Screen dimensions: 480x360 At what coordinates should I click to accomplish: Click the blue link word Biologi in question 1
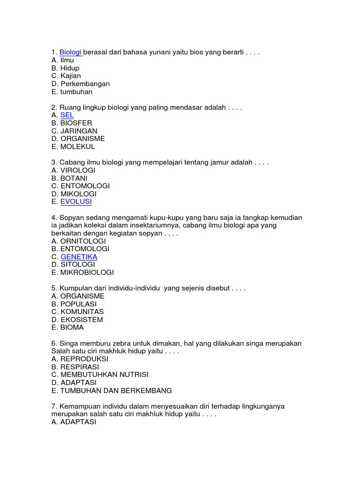70,52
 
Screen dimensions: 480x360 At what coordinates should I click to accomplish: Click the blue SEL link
67,115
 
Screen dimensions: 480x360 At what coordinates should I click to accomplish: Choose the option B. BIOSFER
72,123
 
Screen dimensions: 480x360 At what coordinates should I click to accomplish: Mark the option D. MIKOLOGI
74,194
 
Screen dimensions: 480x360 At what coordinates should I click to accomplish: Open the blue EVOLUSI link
76,202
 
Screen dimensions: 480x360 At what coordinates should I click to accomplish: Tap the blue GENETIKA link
79,257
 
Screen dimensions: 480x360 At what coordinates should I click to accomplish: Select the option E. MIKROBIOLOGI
82,272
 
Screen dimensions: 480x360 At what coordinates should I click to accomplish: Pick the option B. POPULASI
74,304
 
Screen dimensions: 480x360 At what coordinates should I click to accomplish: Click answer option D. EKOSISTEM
77,320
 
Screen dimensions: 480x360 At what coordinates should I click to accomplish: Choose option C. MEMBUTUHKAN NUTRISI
100,375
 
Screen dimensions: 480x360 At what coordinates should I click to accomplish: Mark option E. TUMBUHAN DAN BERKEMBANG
112,390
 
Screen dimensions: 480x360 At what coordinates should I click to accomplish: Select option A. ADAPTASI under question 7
74,422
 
